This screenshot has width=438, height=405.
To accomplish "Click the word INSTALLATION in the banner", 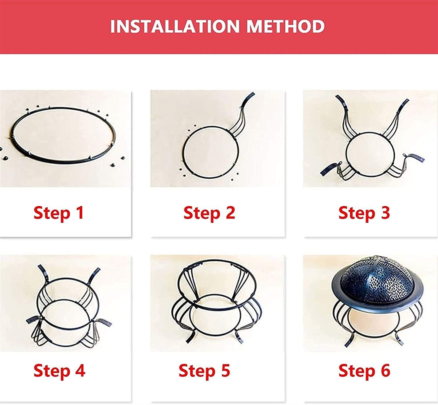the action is tap(175, 26).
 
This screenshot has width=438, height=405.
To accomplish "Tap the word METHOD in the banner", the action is tap(285, 26).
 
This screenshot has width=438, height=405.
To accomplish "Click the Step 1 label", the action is tap(59, 213).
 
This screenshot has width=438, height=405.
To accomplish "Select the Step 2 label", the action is tap(209, 213).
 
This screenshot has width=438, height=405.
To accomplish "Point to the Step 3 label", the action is tap(364, 213).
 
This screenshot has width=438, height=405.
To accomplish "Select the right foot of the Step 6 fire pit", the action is tap(400, 340).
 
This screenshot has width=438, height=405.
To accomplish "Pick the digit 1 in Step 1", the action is tap(80, 213).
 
